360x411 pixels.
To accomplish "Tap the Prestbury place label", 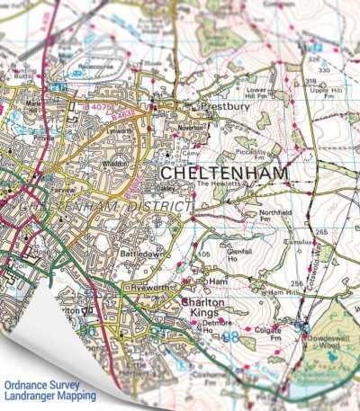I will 218,105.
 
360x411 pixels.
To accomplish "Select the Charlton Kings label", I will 202,308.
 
